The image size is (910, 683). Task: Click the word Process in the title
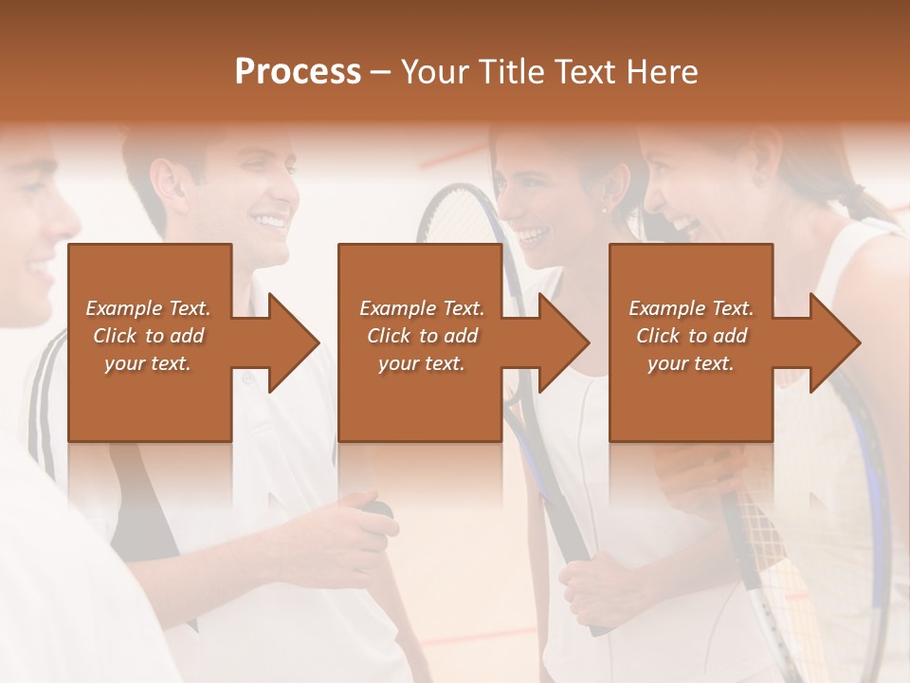[x=298, y=72]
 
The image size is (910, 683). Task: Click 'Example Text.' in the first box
[x=148, y=308]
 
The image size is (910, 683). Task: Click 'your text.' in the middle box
[x=421, y=363]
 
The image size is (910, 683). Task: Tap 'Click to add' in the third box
[x=692, y=336]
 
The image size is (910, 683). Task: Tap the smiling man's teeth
[x=269, y=223]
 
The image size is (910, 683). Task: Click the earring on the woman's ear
[x=604, y=209]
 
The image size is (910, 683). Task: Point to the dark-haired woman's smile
[x=534, y=233]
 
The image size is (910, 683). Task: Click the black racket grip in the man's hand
[x=380, y=509]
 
